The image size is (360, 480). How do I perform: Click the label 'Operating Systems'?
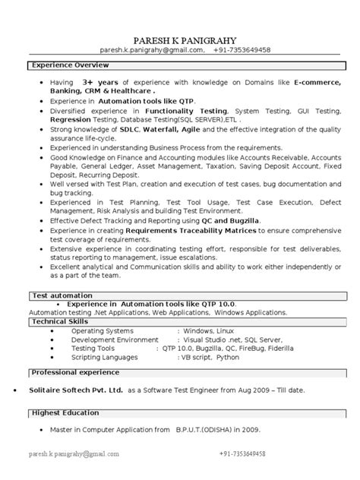(101, 332)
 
